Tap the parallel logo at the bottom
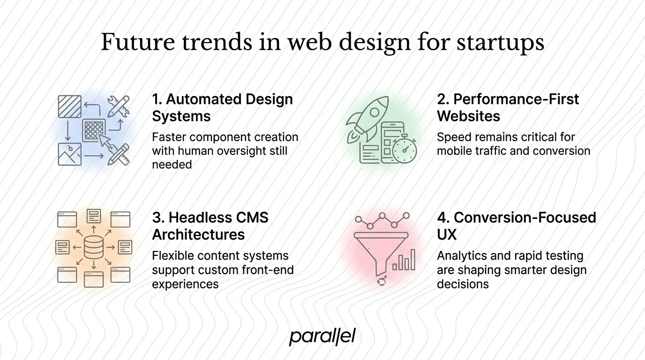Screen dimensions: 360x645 coord(322,336)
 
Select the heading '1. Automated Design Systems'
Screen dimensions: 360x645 coord(222,107)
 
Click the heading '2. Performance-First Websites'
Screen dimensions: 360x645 coord(508,107)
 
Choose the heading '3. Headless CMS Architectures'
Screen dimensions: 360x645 coord(210,225)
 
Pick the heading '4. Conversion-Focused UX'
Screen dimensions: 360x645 coord(516,225)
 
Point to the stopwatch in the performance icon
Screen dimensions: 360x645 coord(404,150)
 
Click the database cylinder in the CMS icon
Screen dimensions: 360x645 coord(94,247)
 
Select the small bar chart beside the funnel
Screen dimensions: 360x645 coord(404,261)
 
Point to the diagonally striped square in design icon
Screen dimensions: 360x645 coord(69,106)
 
